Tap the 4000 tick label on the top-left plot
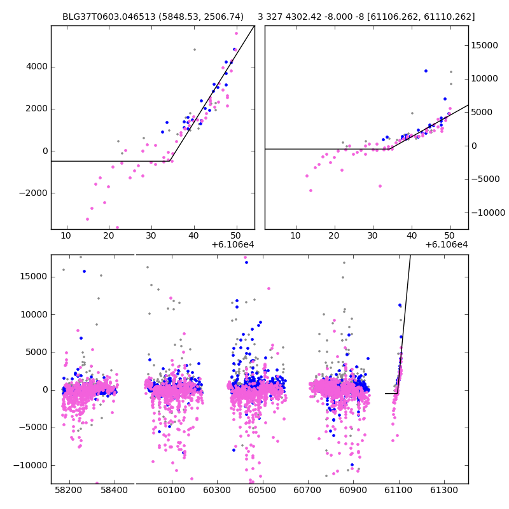pyautogui.click(x=36, y=66)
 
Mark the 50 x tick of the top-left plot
pyautogui.click(x=237, y=235)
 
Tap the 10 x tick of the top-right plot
pyautogui.click(x=296, y=235)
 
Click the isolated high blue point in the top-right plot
pyautogui.click(x=426, y=71)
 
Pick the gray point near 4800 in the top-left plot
pyautogui.click(x=195, y=50)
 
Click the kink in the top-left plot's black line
pyautogui.click(x=172, y=161)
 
